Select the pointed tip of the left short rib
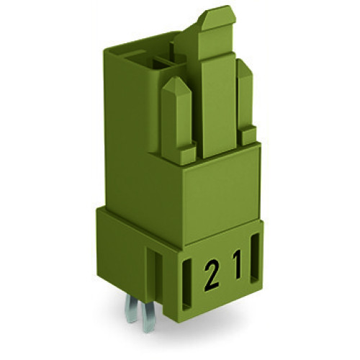coord(174,84)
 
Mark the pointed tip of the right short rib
coord(244,66)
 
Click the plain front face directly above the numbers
coord(216,191)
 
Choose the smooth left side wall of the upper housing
coord(130,122)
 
